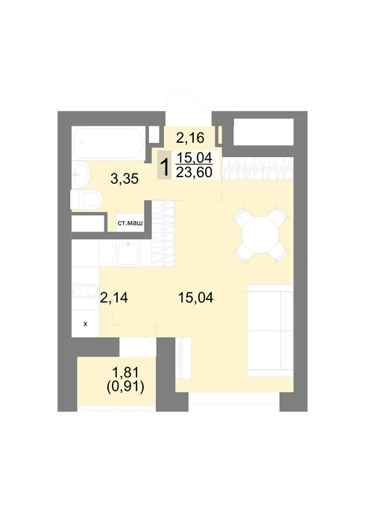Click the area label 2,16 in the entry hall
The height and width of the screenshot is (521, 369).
(190, 138)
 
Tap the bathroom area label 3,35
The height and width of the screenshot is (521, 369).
(124, 179)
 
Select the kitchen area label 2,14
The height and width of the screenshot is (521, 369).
(114, 298)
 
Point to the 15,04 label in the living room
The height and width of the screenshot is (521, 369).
(195, 298)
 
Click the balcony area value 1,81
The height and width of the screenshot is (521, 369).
(126, 372)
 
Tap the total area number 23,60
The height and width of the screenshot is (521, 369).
(194, 173)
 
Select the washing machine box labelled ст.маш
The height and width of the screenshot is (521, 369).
(130, 223)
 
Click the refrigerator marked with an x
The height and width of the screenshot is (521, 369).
(86, 323)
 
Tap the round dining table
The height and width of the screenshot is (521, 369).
(260, 235)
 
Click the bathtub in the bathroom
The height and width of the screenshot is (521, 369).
(109, 144)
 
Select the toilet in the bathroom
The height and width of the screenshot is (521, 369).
(86, 200)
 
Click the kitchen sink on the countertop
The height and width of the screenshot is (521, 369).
(128, 254)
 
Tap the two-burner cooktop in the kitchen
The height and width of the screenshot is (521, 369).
(85, 291)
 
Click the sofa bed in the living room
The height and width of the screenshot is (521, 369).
(270, 330)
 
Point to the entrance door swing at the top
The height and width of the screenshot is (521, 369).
(189, 106)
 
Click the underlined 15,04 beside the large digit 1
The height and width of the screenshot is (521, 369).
(194, 158)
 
